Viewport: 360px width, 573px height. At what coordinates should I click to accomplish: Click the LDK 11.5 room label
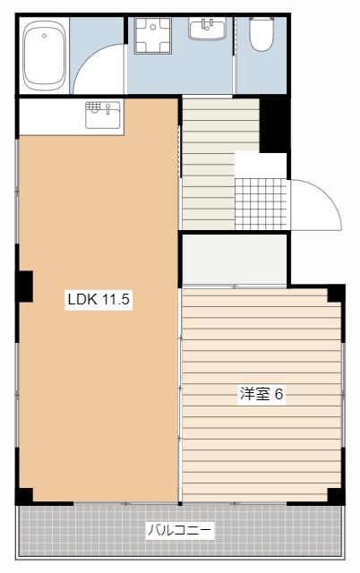[x=99, y=300]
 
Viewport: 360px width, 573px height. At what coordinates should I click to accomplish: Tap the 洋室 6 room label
[x=261, y=394]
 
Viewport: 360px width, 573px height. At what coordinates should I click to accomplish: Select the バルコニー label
[x=180, y=530]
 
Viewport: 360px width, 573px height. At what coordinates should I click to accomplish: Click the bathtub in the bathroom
[x=44, y=56]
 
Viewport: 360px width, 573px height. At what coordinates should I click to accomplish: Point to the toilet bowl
[x=261, y=34]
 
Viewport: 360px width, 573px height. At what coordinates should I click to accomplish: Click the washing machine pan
[x=152, y=36]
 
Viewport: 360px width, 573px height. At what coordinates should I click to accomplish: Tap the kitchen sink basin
[x=103, y=115]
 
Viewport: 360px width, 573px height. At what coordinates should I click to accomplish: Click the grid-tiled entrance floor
[x=261, y=204]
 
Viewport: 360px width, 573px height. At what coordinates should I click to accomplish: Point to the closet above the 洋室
[x=235, y=259]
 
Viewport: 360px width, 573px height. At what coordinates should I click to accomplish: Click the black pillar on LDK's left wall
[x=25, y=286]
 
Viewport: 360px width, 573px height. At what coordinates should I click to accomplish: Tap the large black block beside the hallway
[x=274, y=125]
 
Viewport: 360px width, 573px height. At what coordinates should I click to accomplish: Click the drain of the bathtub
[x=44, y=36]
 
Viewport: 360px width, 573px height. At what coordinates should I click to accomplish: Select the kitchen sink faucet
[x=107, y=108]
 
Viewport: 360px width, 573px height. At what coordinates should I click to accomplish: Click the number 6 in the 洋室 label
[x=279, y=394]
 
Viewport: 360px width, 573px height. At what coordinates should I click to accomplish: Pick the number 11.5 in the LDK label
[x=116, y=300]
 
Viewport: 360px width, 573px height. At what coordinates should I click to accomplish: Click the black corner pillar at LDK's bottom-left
[x=25, y=495]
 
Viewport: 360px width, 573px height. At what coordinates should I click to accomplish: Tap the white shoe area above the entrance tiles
[x=261, y=166]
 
